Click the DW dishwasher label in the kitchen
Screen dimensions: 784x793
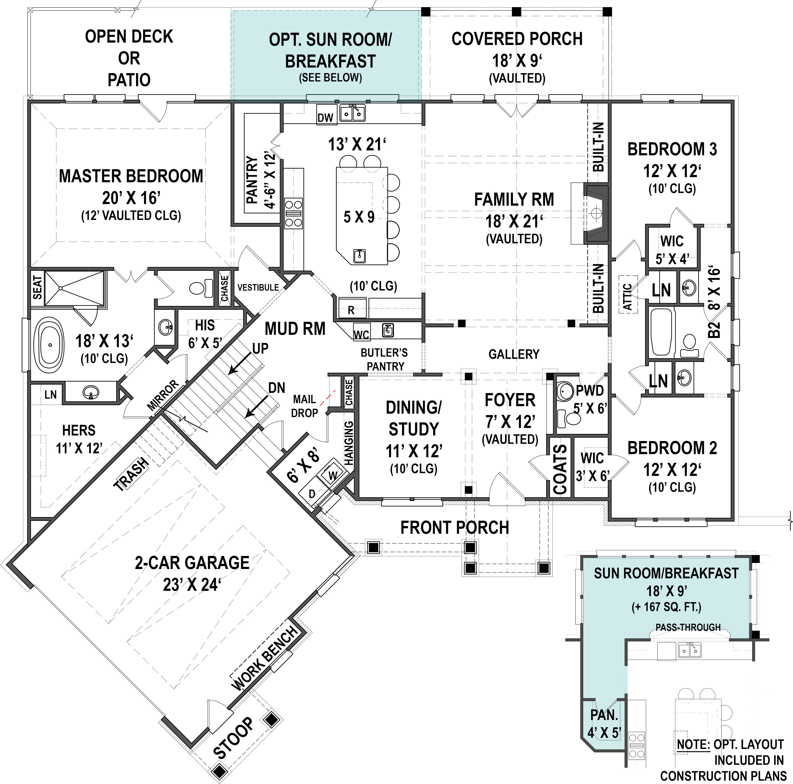[x=325, y=118]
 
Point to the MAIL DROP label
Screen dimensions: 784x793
[x=305, y=406]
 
